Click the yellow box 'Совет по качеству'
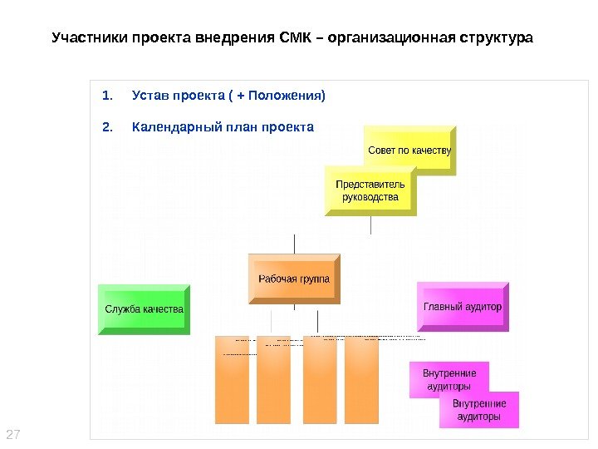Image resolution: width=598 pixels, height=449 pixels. [x=409, y=150]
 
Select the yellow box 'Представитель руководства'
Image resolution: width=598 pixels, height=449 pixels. [x=370, y=191]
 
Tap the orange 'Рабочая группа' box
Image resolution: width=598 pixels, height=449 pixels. [x=293, y=279]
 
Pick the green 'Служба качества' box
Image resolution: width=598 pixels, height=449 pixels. [x=144, y=309]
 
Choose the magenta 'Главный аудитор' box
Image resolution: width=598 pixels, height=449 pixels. [x=463, y=306]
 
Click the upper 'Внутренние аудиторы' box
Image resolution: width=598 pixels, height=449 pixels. [x=448, y=380]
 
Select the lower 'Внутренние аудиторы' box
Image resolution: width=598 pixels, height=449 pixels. [x=478, y=410]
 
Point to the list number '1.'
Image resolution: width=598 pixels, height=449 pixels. [x=105, y=96]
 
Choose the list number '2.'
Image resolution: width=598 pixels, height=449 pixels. [x=105, y=127]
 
